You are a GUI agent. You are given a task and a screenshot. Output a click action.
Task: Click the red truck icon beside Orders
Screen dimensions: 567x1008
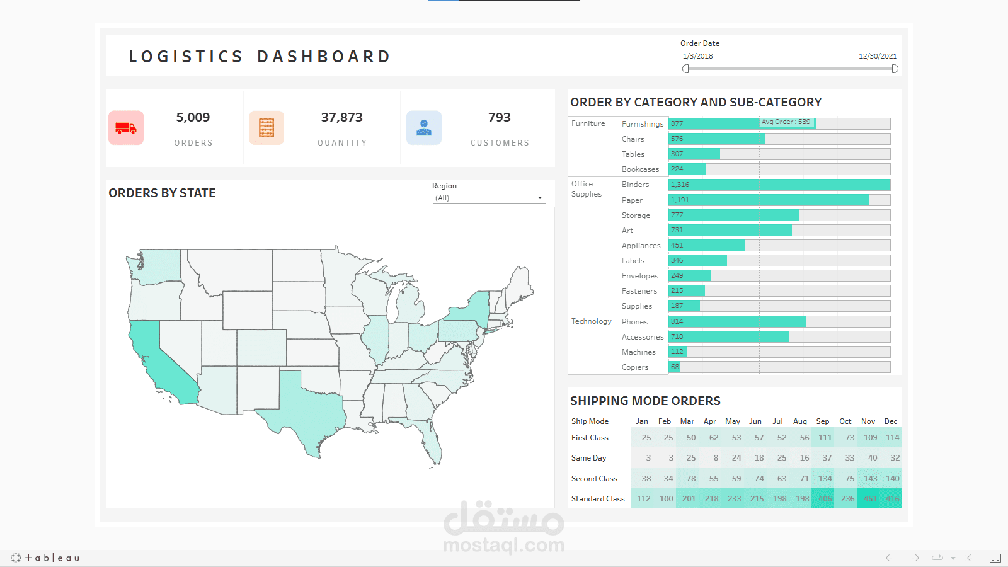pos(126,128)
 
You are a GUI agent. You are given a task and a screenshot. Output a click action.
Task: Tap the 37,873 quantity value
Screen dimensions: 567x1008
pos(341,118)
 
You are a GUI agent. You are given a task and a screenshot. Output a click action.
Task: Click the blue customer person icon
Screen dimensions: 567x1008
pos(424,128)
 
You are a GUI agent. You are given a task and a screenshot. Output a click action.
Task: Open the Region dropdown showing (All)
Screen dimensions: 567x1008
pos(489,198)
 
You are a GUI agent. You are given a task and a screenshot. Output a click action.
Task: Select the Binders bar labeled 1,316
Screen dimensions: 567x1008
pos(779,185)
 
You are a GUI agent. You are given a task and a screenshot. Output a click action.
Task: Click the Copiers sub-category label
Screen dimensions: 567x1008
pos(634,367)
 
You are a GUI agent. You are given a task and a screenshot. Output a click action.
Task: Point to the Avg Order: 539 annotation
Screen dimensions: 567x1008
pos(786,122)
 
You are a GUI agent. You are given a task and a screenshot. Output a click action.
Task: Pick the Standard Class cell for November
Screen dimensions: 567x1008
pos(870,499)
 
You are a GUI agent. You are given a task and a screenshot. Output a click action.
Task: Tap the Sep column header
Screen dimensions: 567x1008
pos(822,421)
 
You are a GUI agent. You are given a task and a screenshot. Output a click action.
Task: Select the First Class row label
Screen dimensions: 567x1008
pos(590,438)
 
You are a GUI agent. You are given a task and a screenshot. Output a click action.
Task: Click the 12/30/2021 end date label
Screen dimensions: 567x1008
pos(878,56)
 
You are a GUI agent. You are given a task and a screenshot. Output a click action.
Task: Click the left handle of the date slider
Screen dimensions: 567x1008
pos(685,69)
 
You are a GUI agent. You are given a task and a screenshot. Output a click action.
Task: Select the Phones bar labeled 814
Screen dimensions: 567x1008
pos(736,322)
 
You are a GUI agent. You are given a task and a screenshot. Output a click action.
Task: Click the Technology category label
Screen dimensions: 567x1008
pos(591,321)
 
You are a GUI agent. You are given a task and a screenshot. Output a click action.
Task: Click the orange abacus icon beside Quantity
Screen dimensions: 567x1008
pos(266,128)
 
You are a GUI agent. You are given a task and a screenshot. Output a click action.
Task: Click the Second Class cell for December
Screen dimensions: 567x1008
pos(892,479)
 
